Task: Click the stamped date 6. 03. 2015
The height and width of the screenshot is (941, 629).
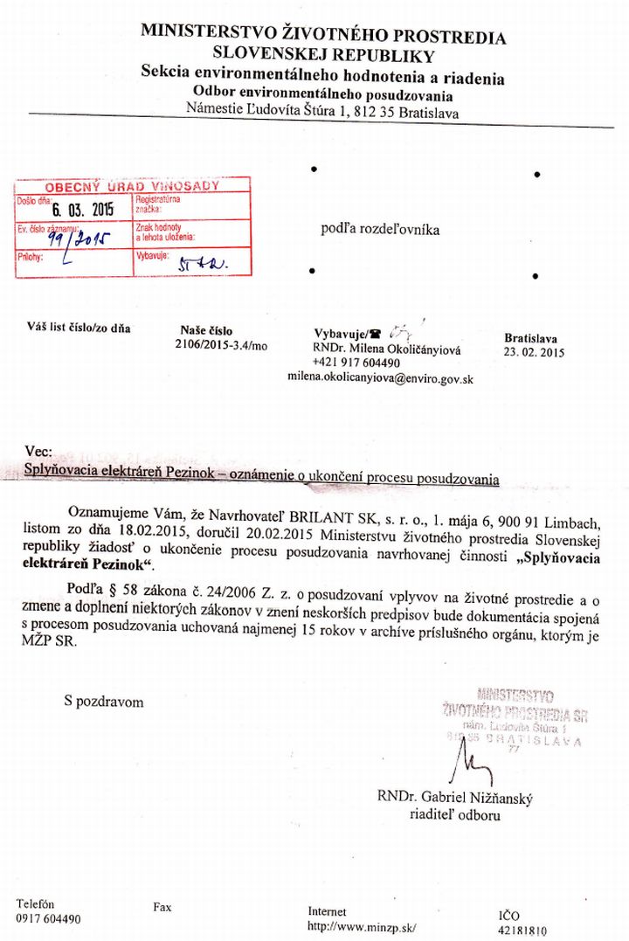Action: [83, 210]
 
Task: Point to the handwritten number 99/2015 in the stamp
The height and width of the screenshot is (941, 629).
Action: [76, 238]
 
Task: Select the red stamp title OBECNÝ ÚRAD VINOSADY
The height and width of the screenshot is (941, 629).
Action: [132, 186]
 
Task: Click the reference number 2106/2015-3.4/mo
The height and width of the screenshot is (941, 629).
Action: [221, 346]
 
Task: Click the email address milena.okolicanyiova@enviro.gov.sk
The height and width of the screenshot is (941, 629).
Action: [380, 378]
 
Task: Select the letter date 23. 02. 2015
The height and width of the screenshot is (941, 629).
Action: [535, 353]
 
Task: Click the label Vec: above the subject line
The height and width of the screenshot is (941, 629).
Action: [39, 452]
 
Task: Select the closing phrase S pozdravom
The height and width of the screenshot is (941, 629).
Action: [103, 702]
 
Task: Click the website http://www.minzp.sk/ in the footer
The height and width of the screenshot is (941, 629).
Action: [363, 926]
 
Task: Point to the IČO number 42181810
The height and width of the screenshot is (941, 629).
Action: [522, 931]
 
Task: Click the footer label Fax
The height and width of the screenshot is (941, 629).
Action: [162, 908]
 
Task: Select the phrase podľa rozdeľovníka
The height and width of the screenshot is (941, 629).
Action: [380, 230]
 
